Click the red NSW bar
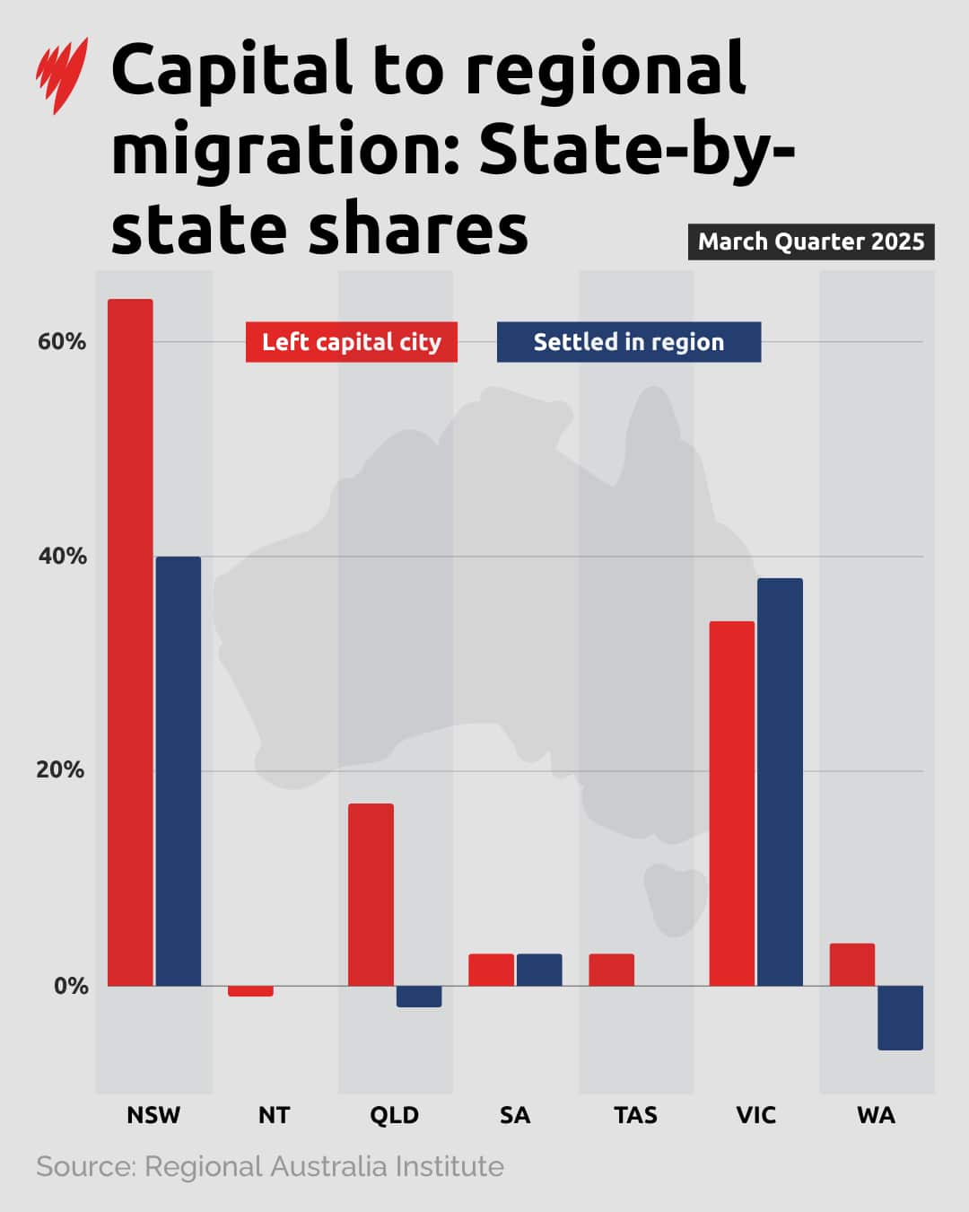pyautogui.click(x=130, y=642)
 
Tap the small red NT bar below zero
pyautogui.click(x=250, y=991)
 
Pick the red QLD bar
pyautogui.click(x=371, y=894)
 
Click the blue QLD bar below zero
pyautogui.click(x=419, y=997)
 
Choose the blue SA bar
pyautogui.click(x=539, y=970)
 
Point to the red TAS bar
pyautogui.click(x=611, y=970)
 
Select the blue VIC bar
pyautogui.click(x=780, y=781)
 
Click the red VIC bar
pyautogui.click(x=731, y=803)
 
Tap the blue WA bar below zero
pyautogui.click(x=900, y=1018)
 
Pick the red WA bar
pyautogui.click(x=851, y=964)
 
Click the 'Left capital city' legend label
pyautogui.click(x=352, y=342)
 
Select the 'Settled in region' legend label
pyautogui.click(x=629, y=342)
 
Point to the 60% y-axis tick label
pyautogui.click(x=62, y=341)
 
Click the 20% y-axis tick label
pyautogui.click(x=61, y=770)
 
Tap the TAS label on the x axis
pyautogui.click(x=635, y=1115)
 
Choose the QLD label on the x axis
pyautogui.click(x=394, y=1115)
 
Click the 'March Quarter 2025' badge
pyautogui.click(x=811, y=242)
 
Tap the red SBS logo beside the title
pyautogui.click(x=62, y=75)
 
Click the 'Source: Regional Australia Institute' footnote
pyautogui.click(x=270, y=1166)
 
